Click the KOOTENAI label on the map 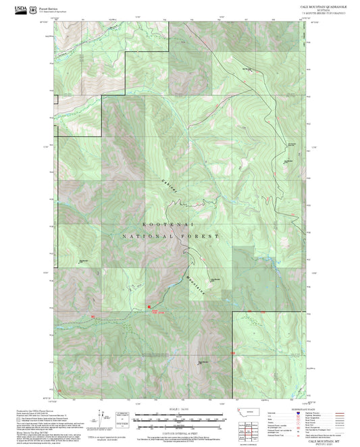tap(171, 223)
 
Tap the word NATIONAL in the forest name tap(144, 237)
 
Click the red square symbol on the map tap(149, 308)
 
